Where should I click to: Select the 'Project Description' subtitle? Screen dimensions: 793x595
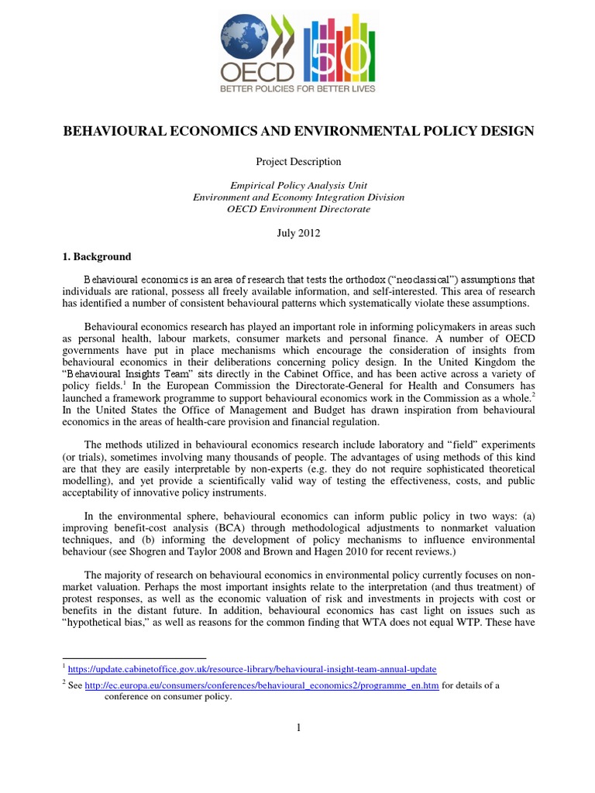point(297,162)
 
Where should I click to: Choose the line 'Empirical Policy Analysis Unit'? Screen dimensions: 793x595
point(297,185)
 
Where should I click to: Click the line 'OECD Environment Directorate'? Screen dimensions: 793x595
point(297,208)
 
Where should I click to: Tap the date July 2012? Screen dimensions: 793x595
point(297,232)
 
